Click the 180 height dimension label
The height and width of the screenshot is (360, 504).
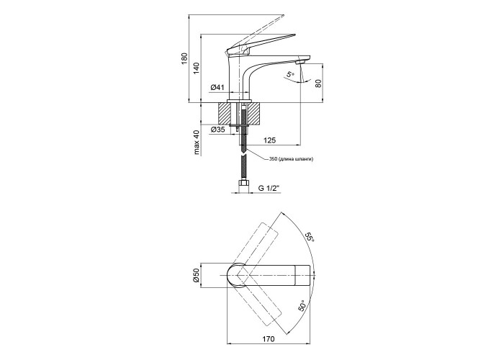coord(184,58)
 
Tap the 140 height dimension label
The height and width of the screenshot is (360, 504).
coord(197,68)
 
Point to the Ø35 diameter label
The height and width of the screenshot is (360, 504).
coord(217,130)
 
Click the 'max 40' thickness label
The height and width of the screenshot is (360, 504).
coord(197,143)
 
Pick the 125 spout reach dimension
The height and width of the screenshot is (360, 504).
coord(269,140)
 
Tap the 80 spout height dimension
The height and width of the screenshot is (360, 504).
coord(318,84)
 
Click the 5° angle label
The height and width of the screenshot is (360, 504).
coord(290,75)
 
